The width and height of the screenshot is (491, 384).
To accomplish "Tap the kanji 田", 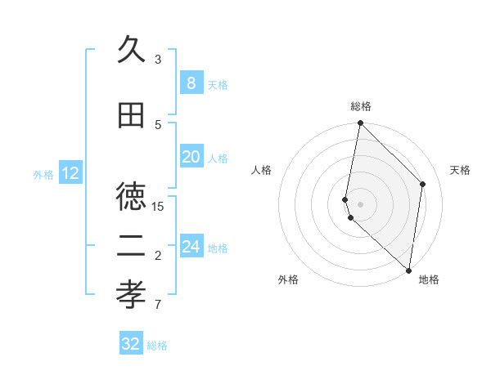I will pyautogui.click(x=132, y=116).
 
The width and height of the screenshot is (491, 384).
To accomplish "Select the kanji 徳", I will pyautogui.click(x=132, y=196).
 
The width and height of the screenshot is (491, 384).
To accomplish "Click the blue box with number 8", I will pyautogui.click(x=191, y=83).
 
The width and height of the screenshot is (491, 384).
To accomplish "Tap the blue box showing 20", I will pyautogui.click(x=191, y=157).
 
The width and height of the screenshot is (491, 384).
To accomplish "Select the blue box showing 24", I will pyautogui.click(x=191, y=247).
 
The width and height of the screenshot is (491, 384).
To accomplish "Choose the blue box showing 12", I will pyautogui.click(x=70, y=173).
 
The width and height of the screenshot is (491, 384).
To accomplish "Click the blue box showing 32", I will pyautogui.click(x=131, y=344).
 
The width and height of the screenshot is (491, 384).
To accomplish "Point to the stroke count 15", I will pyautogui.click(x=158, y=206).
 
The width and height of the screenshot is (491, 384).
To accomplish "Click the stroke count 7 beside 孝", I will pyautogui.click(x=158, y=306).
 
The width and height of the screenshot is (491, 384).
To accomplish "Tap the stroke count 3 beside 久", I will pyautogui.click(x=158, y=59).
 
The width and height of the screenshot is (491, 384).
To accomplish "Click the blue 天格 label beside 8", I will pyautogui.click(x=218, y=84).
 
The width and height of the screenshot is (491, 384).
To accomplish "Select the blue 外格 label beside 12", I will pyautogui.click(x=43, y=174).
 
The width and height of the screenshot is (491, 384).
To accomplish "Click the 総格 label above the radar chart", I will pyautogui.click(x=361, y=106).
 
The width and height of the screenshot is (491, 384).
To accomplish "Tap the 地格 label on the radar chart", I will pyautogui.click(x=429, y=280).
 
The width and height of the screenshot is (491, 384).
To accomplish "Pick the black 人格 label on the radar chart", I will pyautogui.click(x=262, y=170).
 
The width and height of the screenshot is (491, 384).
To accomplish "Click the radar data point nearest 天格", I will pyautogui.click(x=423, y=184).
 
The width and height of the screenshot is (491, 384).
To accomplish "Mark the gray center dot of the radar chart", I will pyautogui.click(x=361, y=203).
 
